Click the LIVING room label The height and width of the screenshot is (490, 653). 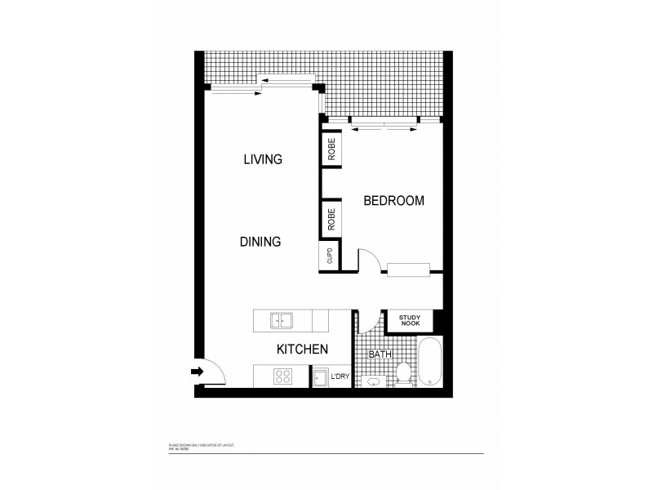263,159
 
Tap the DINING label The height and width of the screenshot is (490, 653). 260,242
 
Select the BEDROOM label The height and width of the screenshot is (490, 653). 393,200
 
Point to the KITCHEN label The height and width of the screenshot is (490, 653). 302,350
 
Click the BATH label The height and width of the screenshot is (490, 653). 380,354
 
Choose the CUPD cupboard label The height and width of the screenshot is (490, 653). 330,257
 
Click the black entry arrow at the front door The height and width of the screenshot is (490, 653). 197,372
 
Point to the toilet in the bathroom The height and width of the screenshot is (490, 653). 402,376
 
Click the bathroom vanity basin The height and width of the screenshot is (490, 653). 373,381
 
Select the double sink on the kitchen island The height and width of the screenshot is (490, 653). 282,319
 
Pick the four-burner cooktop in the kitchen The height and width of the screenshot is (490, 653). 284,376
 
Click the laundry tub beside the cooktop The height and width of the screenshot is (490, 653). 319,377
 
